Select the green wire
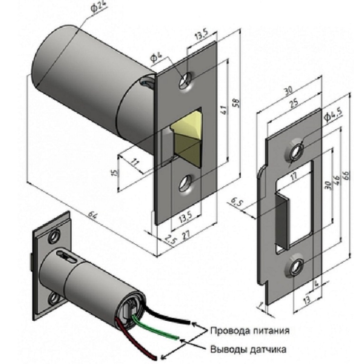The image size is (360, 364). pyautogui.click(x=157, y=327)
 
